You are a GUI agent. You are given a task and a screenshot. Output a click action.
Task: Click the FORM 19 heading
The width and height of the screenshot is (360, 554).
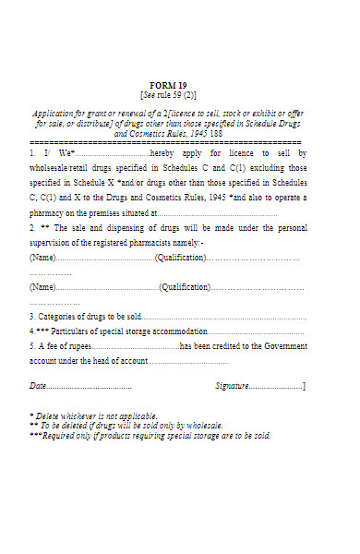click(167, 85)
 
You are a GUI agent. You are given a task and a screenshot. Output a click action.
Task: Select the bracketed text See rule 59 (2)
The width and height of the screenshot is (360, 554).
click(167, 95)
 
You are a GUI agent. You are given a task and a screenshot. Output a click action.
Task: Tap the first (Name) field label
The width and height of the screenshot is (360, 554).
click(42, 258)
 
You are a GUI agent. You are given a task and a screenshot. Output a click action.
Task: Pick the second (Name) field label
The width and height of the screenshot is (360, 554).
click(42, 288)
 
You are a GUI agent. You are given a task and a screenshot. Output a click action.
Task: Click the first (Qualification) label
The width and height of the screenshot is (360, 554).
click(180, 258)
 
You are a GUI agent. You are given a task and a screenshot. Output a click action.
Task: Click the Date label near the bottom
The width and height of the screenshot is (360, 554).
click(38, 385)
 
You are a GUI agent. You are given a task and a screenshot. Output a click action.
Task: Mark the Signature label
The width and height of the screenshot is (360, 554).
click(233, 385)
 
